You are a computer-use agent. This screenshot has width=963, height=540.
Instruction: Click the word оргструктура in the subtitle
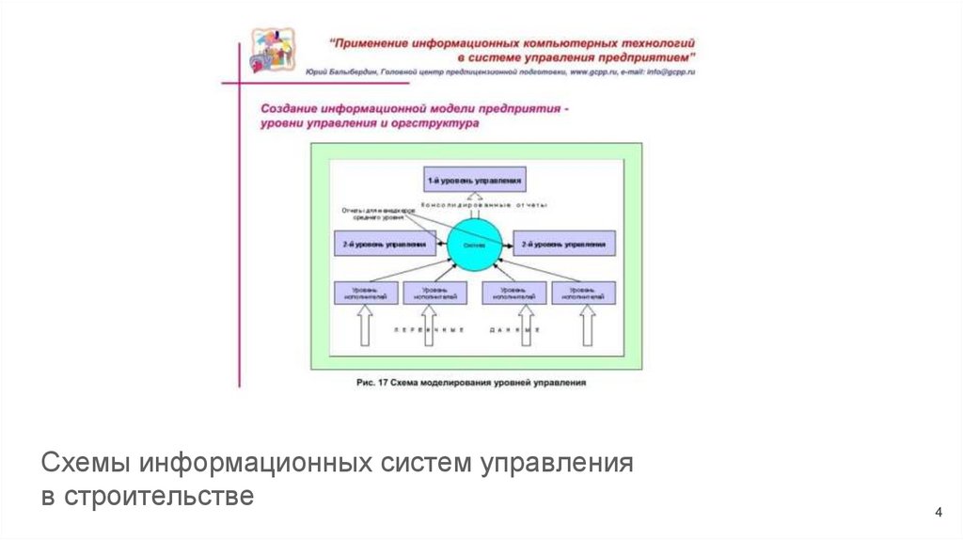point(443,123)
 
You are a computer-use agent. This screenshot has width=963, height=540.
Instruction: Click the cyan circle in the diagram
point(474,245)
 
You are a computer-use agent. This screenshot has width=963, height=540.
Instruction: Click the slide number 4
point(938,512)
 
